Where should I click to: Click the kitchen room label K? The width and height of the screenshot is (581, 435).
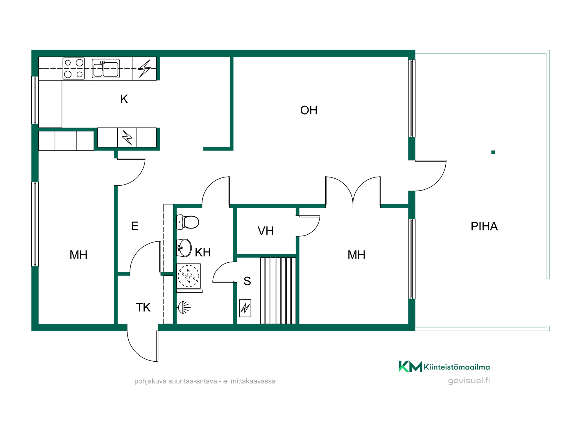click(124, 99)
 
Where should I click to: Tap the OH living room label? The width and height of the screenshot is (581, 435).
click(309, 110)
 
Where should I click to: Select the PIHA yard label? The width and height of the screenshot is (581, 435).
click(484, 226)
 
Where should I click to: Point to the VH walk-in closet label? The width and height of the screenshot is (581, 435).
click(266, 231)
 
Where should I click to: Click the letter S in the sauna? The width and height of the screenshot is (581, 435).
click(247, 281)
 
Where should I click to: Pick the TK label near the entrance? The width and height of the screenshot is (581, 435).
click(143, 307)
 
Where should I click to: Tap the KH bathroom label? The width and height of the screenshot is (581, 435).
click(203, 252)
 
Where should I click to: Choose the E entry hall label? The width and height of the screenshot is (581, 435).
click(135, 226)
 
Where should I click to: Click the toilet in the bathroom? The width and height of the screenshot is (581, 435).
click(188, 222)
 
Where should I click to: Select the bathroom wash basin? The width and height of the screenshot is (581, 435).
click(184, 248)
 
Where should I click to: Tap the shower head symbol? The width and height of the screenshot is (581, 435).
click(184, 307)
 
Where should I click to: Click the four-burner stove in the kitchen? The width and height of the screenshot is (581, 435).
click(74, 68)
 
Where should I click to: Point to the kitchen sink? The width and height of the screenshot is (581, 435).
click(106, 68)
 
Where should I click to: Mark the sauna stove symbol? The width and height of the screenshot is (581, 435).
click(245, 308)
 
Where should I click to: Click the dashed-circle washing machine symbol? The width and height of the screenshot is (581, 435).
click(189, 276)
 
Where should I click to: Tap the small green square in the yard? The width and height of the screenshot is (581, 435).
click(493, 152)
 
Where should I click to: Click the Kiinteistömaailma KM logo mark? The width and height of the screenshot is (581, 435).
click(410, 366)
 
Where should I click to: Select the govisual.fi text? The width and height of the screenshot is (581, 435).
click(469, 380)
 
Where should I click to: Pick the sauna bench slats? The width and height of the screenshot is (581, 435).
click(278, 291)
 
